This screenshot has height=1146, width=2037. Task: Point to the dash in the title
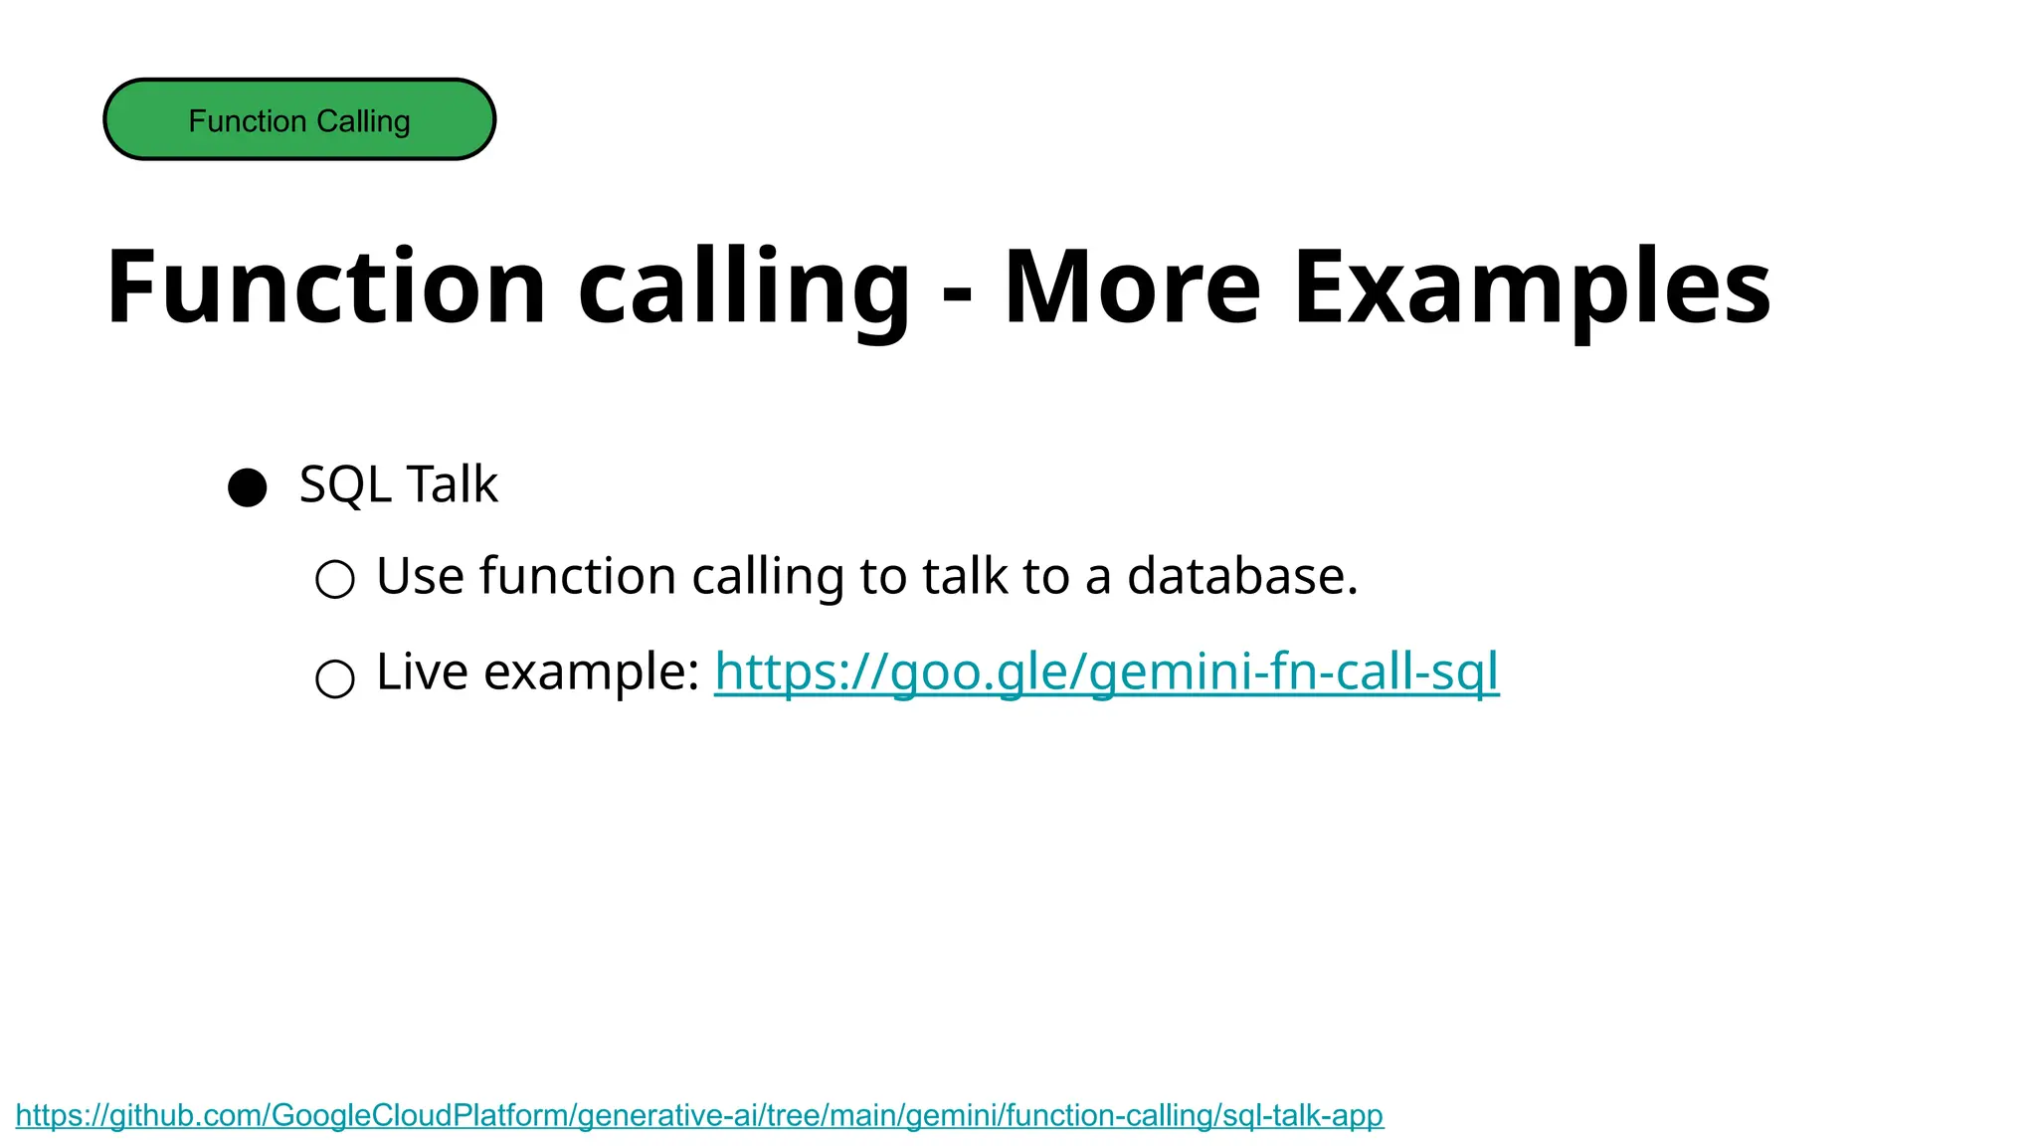[x=957, y=294]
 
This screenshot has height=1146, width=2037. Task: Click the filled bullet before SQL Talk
[x=248, y=487]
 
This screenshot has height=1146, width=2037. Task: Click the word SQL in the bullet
[x=345, y=485]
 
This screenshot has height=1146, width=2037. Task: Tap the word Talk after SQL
[x=452, y=485]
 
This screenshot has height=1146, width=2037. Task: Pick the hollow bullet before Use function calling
[x=335, y=579]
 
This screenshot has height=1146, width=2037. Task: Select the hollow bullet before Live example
[x=335, y=678]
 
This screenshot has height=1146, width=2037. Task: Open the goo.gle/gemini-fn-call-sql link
[x=1106, y=672]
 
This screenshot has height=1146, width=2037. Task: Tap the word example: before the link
[x=592, y=673]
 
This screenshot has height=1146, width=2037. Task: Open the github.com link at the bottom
[x=699, y=1115]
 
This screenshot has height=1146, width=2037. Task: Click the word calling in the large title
[x=744, y=288]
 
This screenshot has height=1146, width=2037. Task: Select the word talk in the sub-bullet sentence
[x=965, y=576]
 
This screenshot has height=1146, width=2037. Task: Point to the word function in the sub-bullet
[x=578, y=576]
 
